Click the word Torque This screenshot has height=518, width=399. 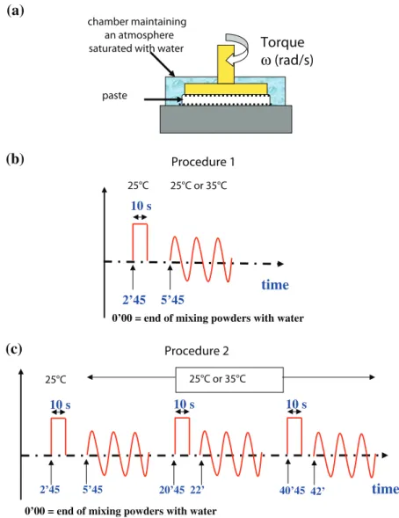point(282,43)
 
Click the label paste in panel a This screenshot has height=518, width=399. point(114,96)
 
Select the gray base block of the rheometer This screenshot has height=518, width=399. point(226,120)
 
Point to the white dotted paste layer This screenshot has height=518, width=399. point(226,99)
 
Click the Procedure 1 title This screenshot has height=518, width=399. point(203,162)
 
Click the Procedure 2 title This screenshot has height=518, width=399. point(197,351)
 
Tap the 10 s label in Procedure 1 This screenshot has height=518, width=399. point(141,206)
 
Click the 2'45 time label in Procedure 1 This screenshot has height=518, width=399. point(134,300)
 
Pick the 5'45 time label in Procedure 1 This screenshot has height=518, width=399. point(172,300)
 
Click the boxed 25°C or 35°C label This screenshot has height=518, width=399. point(229,379)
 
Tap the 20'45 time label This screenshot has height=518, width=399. point(171,490)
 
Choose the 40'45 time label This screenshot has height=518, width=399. point(292,491)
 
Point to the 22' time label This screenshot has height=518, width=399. point(197,490)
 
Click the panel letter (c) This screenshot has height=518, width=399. point(14,348)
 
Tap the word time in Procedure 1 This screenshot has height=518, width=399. point(275,285)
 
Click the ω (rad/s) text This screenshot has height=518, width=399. point(287,61)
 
